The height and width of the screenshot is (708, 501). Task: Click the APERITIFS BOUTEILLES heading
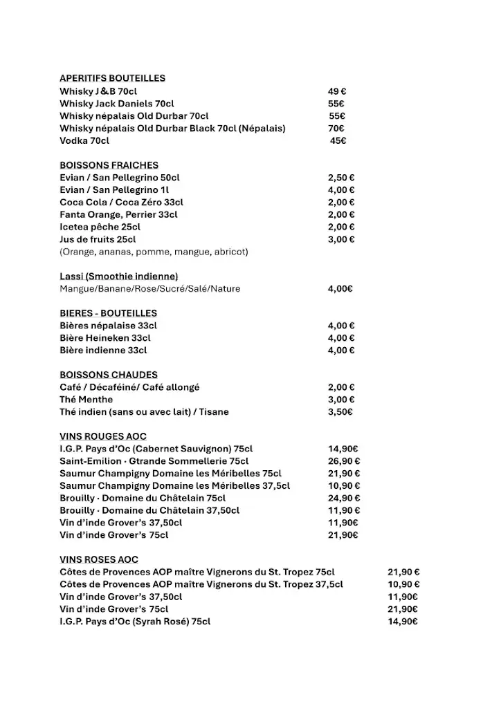coord(112,78)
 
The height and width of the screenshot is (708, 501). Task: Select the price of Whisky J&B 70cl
coord(337,91)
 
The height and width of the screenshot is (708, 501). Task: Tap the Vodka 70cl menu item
coord(84,140)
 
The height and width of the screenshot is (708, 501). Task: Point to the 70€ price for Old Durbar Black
coord(336,128)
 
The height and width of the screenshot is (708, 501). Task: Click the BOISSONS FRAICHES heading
coord(109,165)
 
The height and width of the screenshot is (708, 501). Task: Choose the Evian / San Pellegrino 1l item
coord(114,190)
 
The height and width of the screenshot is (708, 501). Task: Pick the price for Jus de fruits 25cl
coord(341,239)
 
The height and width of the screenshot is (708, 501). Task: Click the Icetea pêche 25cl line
coord(100,227)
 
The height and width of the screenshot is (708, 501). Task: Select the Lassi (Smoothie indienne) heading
coord(118,277)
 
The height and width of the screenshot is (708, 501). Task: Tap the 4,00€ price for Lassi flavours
coord(340,289)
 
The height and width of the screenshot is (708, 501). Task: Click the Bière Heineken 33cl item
coord(104,338)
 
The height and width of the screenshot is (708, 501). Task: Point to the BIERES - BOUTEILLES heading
coord(108,313)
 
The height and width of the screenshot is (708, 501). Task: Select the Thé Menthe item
coord(86,400)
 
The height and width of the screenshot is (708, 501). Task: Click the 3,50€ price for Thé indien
coord(340,412)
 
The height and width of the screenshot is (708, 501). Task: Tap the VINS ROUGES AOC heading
coord(102,436)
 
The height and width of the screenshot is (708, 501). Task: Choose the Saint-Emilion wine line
coord(154,461)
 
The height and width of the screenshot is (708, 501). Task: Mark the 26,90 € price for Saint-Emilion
coord(343,461)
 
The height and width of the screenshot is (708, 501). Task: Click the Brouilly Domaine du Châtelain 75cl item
coord(143,498)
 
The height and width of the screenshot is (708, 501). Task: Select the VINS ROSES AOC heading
coord(99,559)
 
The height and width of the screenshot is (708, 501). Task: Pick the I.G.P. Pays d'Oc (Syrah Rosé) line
coord(135,622)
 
